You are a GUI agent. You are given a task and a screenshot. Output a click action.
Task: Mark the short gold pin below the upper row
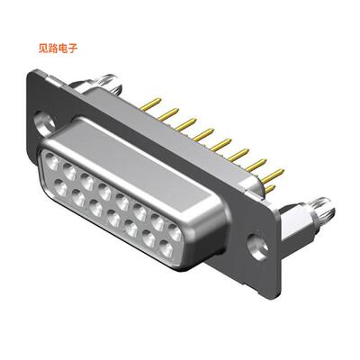coord(267,188)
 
